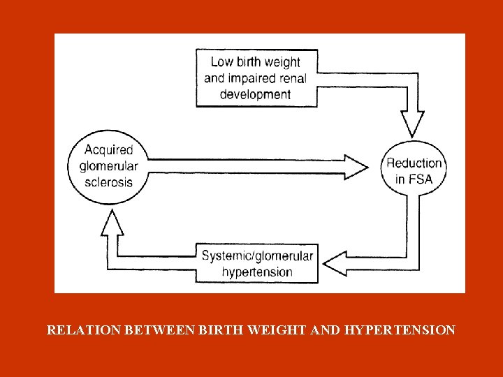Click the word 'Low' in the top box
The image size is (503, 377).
[222, 61]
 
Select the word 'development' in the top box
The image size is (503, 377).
[255, 94]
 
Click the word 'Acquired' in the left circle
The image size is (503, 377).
[108, 149]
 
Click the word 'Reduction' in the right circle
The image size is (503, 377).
[414, 163]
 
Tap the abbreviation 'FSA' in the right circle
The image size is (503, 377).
[423, 179]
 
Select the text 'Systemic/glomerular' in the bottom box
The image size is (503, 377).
[257, 255]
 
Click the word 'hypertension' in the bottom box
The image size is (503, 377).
[257, 272]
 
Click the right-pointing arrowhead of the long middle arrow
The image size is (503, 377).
[354, 166]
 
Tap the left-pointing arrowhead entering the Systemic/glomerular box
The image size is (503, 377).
[337, 263]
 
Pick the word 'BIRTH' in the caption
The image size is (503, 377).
[203, 330]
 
